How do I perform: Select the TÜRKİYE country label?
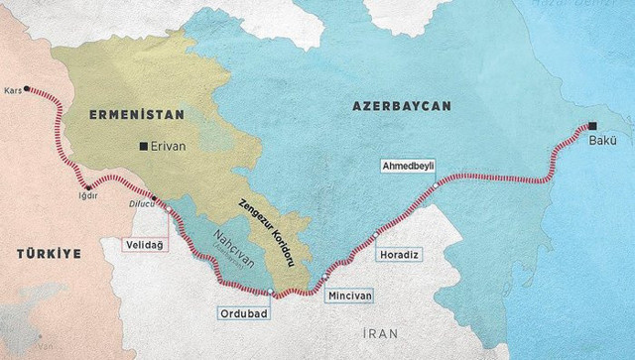tap(48, 255)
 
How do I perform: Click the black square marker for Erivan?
tap(144, 147)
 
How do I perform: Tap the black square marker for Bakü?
tap(592, 126)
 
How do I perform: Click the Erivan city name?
tap(169, 147)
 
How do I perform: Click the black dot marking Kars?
tap(27, 86)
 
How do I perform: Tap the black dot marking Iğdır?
tap(88, 186)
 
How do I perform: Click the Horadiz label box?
tap(401, 255)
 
